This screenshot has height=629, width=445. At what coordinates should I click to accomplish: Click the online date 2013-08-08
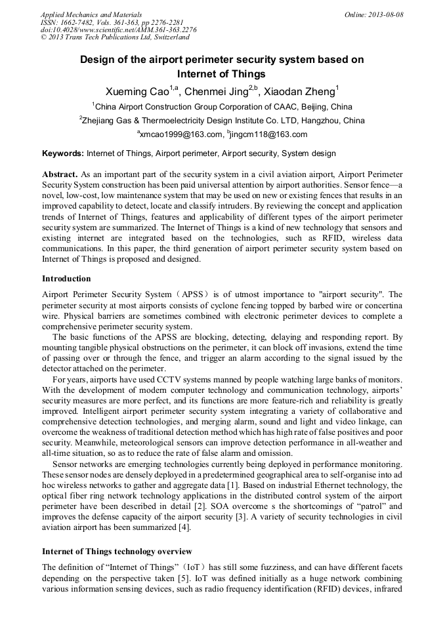pos(385,14)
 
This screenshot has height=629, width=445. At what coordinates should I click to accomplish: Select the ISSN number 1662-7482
pos(79,22)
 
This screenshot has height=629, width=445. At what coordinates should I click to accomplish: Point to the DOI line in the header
pos(118,30)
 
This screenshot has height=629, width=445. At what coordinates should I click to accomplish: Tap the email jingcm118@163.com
pos(269,134)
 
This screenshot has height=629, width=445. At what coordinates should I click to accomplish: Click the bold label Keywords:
pos(63,153)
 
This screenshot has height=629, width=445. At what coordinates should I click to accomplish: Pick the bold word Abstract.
pos(60,174)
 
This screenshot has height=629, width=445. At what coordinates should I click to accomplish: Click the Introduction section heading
pos(66,279)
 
